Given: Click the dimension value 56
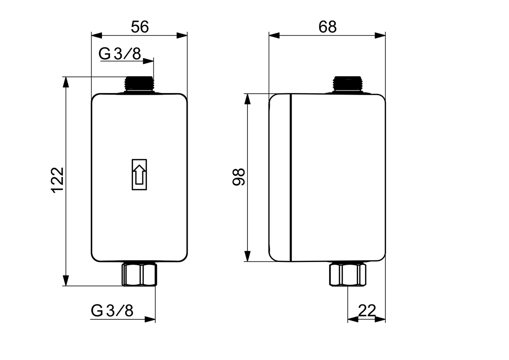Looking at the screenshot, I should click(140, 27).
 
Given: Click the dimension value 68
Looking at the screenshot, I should click(327, 27).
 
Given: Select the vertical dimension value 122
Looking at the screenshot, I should click(58, 180).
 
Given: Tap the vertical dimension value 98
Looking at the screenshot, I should click(239, 177).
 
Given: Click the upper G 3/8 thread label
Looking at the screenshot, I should click(120, 54).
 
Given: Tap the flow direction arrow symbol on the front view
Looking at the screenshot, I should click(139, 174).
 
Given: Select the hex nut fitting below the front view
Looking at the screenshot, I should click(139, 274).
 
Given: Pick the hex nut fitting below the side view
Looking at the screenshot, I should click(348, 274).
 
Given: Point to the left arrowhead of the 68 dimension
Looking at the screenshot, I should click(274, 35).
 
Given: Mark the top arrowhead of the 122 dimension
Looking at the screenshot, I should click(65, 82).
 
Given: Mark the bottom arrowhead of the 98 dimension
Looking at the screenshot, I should click(248, 256).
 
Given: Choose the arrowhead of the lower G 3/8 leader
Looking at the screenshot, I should click(151, 319).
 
